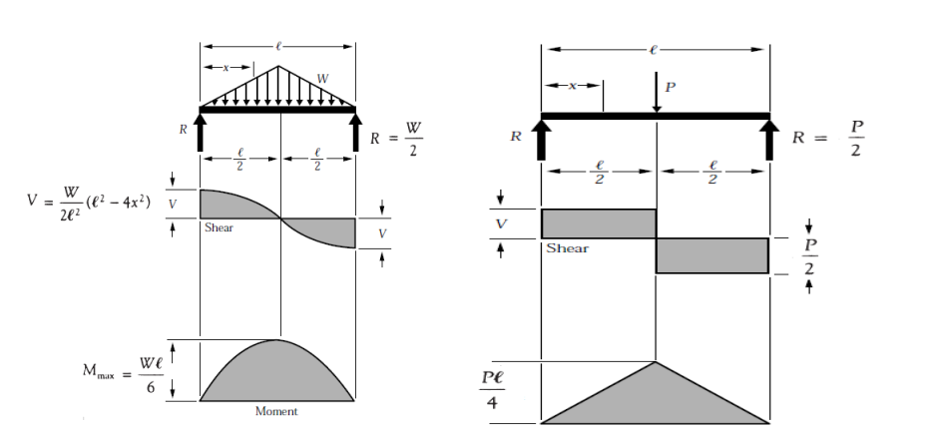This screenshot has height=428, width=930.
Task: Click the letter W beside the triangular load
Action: [x=322, y=78]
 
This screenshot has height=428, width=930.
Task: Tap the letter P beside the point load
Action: [x=671, y=87]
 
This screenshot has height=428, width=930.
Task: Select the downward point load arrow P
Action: [x=657, y=92]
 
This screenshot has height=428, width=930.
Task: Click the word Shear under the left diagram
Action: [x=219, y=227]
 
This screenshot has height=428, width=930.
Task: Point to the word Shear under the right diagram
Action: [x=568, y=248]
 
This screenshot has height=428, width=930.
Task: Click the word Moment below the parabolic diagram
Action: [x=276, y=411]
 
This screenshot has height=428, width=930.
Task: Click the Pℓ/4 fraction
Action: [x=492, y=390]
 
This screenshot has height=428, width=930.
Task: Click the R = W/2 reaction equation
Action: [x=396, y=140]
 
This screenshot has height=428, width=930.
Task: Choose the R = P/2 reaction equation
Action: [x=828, y=139]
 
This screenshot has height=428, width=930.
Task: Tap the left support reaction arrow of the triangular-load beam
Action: [x=200, y=133]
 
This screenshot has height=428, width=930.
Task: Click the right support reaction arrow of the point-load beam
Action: [x=769, y=140]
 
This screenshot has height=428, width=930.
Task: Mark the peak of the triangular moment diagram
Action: [x=656, y=361]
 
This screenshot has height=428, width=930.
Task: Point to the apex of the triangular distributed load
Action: [x=278, y=66]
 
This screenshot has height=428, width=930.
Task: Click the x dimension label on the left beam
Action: [x=226, y=68]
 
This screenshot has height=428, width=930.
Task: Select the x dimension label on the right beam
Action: [x=573, y=86]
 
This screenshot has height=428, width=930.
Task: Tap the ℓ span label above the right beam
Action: [x=654, y=50]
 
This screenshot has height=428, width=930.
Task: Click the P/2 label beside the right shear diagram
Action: [x=809, y=256]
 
